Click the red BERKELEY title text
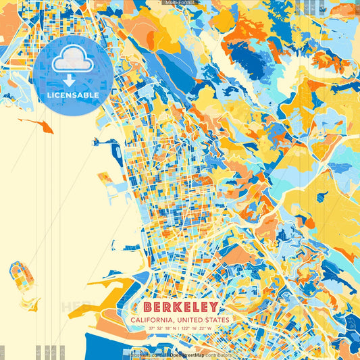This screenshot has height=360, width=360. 181,307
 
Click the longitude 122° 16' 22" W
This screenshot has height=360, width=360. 197,328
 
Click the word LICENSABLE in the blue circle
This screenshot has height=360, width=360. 72,95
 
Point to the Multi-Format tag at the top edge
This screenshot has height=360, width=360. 180,3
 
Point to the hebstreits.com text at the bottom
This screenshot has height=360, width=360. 149,355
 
